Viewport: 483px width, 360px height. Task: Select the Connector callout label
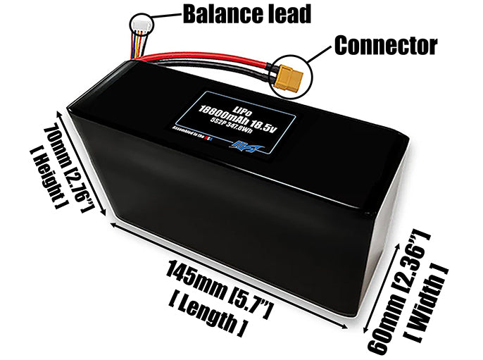click(385, 46)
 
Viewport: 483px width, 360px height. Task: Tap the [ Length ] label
click(208, 316)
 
